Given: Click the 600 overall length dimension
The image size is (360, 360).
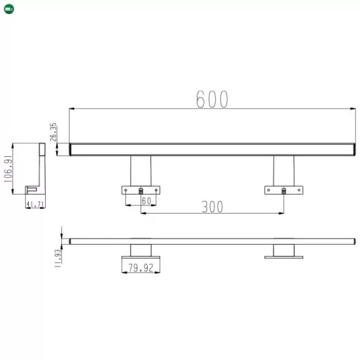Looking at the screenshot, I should [212, 100].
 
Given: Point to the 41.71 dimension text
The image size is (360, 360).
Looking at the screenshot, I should [35, 205].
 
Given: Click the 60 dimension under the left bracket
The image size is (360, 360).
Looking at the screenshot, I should [146, 201].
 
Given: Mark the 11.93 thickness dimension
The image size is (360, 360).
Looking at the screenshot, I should [59, 256].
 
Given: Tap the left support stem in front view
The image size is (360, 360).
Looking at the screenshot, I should [141, 170].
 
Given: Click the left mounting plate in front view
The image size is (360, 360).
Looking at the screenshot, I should [141, 190].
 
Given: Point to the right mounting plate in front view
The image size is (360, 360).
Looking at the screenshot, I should [283, 190].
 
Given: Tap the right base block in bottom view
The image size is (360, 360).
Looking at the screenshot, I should [283, 251].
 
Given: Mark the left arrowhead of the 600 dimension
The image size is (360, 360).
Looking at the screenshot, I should [72, 108].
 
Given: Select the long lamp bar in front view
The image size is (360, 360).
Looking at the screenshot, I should [211, 149].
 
